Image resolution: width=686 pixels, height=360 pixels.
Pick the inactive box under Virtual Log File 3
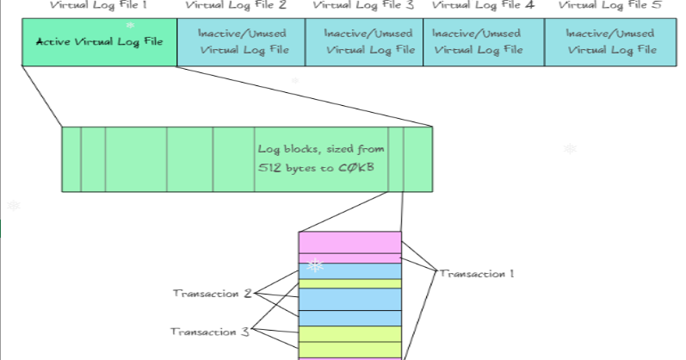coord(364,41)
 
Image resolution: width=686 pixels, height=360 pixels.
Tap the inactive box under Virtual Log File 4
coord(483,41)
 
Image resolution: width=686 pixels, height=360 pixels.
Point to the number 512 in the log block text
coord(269,168)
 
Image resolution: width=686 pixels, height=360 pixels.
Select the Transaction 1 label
coord(477,274)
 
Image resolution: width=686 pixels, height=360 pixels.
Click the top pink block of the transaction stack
coord(349,242)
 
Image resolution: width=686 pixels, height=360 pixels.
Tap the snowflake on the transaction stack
coord(316,265)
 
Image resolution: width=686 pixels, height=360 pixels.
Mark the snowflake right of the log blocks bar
coord(569,149)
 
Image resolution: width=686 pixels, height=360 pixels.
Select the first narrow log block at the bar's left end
coord(71,159)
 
